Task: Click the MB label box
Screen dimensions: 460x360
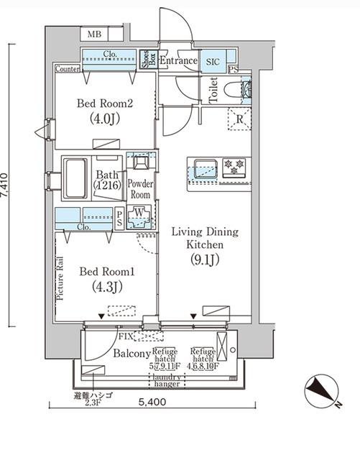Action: click(95, 34)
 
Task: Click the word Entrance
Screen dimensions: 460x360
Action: click(178, 61)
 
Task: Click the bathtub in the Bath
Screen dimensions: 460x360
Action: click(75, 180)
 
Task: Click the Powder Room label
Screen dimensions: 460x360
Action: click(139, 189)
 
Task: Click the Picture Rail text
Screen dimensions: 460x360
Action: click(63, 277)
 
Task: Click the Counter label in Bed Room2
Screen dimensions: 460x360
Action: click(66, 69)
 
